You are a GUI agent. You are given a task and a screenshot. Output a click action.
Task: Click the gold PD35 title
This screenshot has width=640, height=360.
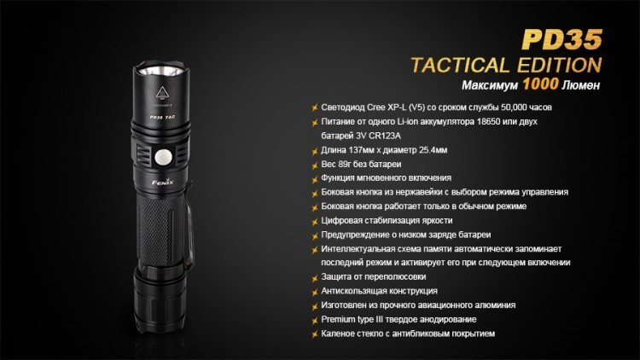tap(562, 39)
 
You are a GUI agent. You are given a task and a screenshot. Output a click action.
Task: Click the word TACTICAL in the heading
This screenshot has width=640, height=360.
tap(460, 66)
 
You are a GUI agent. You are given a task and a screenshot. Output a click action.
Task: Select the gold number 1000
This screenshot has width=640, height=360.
tap(540, 84)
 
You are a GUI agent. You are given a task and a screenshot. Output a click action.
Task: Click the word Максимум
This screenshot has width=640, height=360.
tap(490, 85)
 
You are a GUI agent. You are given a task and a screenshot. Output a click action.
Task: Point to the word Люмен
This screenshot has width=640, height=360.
tap(581, 85)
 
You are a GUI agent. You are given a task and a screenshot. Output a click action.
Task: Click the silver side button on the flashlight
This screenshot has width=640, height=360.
tap(164, 157)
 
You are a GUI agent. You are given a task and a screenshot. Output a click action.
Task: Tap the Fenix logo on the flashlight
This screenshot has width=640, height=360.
tap(163, 182)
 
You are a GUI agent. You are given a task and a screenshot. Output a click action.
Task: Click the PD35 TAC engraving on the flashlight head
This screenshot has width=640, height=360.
tap(162, 117)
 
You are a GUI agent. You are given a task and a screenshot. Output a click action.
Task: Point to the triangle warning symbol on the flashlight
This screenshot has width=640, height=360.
tap(162, 93)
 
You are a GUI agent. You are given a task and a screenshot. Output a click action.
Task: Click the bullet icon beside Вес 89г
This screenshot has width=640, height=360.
tap(315, 165)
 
